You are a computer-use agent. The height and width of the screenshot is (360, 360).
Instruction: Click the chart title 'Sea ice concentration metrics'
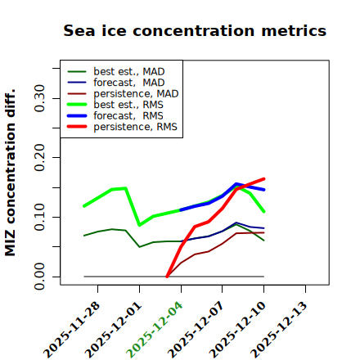coord(195,30)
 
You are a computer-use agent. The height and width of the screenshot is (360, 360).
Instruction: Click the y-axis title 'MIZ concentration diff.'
coord(10,173)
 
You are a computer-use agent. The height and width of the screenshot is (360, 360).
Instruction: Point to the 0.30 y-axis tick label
coord(40,98)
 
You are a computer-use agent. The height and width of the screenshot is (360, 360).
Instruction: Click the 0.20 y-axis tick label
coord(40,157)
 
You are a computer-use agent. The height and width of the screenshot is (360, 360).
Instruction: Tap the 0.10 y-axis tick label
coord(40,217)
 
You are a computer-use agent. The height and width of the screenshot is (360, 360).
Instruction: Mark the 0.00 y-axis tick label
coord(40,277)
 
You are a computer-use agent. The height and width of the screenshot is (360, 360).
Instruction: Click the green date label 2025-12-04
coord(155,330)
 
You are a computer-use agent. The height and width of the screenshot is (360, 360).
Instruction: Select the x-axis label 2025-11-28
coord(71,330)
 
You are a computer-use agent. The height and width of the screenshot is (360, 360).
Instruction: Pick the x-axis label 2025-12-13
coord(279,330)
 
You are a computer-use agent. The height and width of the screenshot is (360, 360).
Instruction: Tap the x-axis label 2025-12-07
coord(196,330)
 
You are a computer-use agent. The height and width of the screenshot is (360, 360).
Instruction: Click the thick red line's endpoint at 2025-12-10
coord(263,179)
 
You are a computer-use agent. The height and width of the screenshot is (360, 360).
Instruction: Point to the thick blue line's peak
coord(236,184)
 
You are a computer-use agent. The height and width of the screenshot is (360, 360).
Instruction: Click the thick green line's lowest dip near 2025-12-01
coord(140,225)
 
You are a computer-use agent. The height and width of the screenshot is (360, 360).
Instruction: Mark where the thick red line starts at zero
coord(167,277)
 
